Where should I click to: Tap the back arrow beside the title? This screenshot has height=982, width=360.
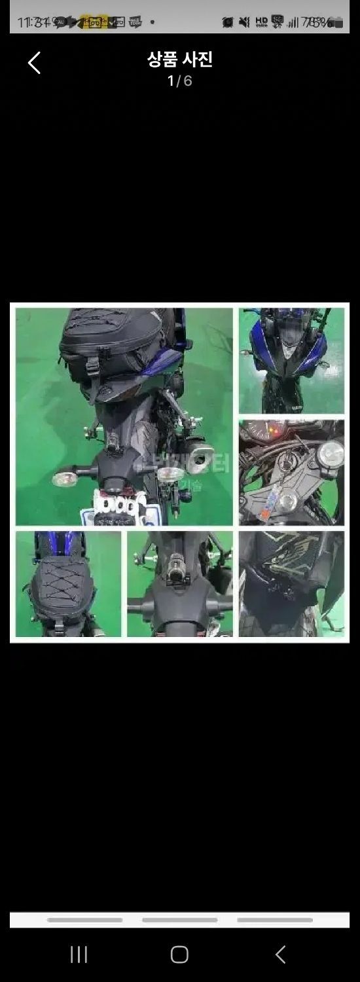tap(34, 63)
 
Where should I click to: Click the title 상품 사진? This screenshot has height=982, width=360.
tap(180, 60)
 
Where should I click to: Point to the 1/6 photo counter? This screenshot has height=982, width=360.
tap(180, 81)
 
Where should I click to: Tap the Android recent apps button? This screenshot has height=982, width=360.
tap(79, 955)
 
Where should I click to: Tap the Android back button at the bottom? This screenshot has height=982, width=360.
tap(280, 955)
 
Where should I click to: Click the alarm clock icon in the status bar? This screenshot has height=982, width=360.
tap(227, 22)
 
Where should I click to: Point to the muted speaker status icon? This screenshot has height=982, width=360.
tap(244, 22)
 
